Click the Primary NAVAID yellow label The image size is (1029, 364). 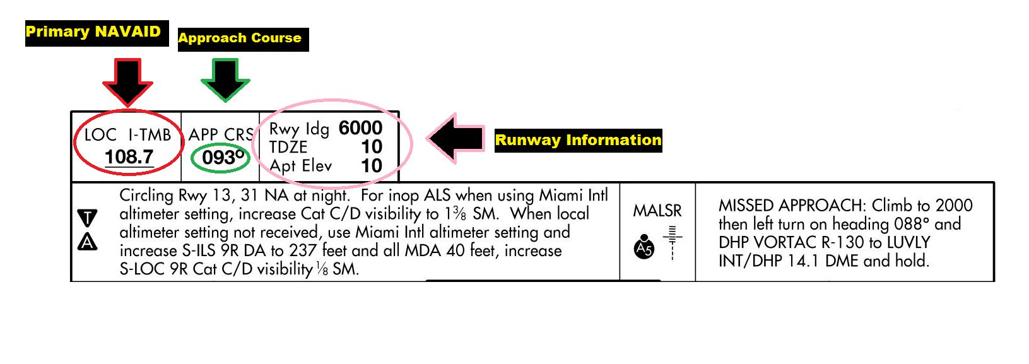click(93, 32)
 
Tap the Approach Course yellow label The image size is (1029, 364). click(240, 38)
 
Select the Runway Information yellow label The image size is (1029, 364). click(578, 140)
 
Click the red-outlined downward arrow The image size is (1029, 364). click(128, 81)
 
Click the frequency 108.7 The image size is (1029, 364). click(129, 156)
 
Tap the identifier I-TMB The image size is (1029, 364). click(150, 135)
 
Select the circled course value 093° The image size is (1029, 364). click(223, 158)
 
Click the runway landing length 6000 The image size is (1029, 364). click(360, 128)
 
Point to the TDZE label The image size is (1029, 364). click(288, 147)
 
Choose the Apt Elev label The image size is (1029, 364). click(301, 166)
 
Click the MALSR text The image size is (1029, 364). click(657, 211)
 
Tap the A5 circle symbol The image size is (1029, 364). click(644, 247)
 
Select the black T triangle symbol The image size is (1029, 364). click(87, 218)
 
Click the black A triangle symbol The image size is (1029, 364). click(87, 242)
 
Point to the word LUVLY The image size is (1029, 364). click(908, 242)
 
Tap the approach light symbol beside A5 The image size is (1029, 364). click(673, 242)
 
